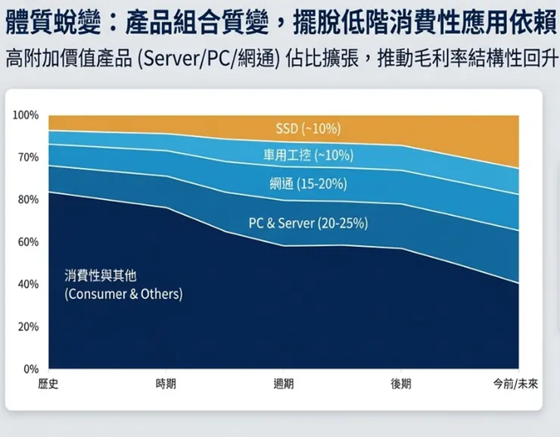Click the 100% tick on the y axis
click(26, 115)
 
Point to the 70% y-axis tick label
click(27, 158)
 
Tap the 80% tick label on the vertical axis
click(27, 200)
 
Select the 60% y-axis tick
click(27, 242)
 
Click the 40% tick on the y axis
click(27, 285)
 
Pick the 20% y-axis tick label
click(27, 327)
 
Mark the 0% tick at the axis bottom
click(30, 370)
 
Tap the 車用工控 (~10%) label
click(308, 155)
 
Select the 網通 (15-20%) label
click(308, 183)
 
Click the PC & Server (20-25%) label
click(308, 223)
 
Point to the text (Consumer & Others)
click(123, 294)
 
